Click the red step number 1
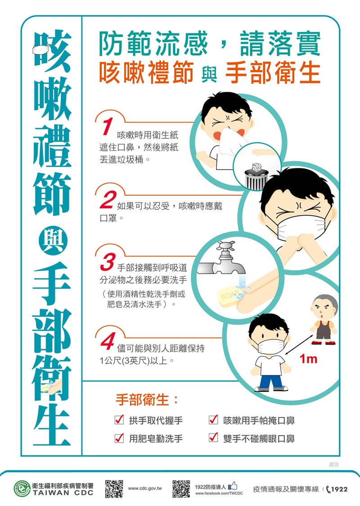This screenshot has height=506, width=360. point(108,126)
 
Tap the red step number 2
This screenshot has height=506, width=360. point(108,200)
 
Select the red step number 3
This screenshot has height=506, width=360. point(108,262)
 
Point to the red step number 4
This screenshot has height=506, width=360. point(108,341)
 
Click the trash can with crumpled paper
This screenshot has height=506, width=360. point(256,176)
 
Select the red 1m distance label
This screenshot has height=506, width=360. point(308,359)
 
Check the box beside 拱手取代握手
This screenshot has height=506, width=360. point(119,420)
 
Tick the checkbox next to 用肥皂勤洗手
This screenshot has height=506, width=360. point(119,438)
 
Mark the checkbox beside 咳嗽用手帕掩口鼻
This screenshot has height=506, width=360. point(213,420)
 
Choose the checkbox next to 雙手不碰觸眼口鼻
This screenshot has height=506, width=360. point(213,438)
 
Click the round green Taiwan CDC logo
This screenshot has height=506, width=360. point(22,488)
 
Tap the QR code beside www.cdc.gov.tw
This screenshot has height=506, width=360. point(114,488)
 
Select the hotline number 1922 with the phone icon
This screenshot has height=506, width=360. point(337,489)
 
